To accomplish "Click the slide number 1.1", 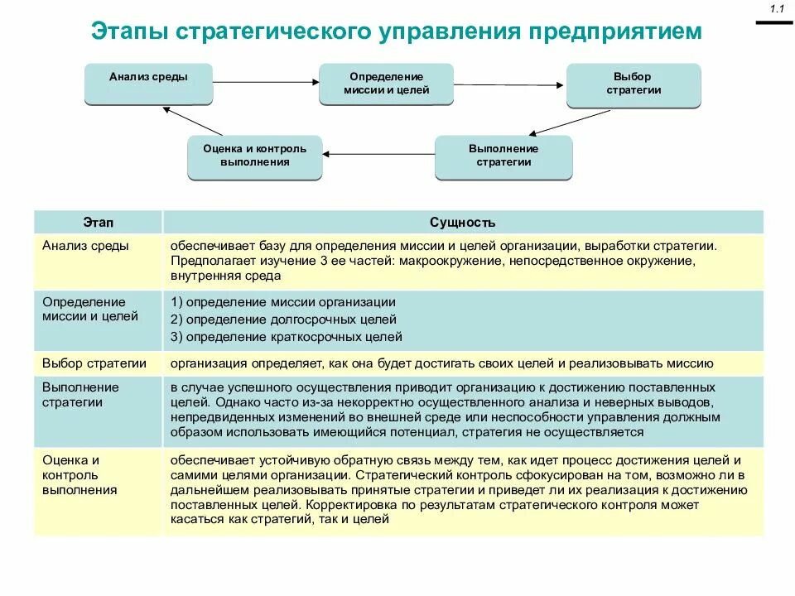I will [777, 9].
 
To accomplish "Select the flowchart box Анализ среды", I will [148, 82].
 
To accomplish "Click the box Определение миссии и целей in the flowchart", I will [387, 84].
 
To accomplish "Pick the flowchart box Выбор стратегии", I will [634, 84].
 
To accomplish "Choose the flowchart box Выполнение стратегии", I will [503, 156].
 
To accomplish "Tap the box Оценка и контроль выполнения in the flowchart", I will [254, 156].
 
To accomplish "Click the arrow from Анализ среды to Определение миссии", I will [266, 81].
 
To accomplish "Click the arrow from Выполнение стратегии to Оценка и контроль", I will [378, 153].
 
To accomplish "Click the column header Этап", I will [99, 222].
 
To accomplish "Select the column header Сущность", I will [462, 222].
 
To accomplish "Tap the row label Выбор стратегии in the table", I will [94, 363].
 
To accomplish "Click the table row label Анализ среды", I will [85, 246].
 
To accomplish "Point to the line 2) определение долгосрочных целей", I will [284, 320].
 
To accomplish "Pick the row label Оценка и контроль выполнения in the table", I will [79, 475].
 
